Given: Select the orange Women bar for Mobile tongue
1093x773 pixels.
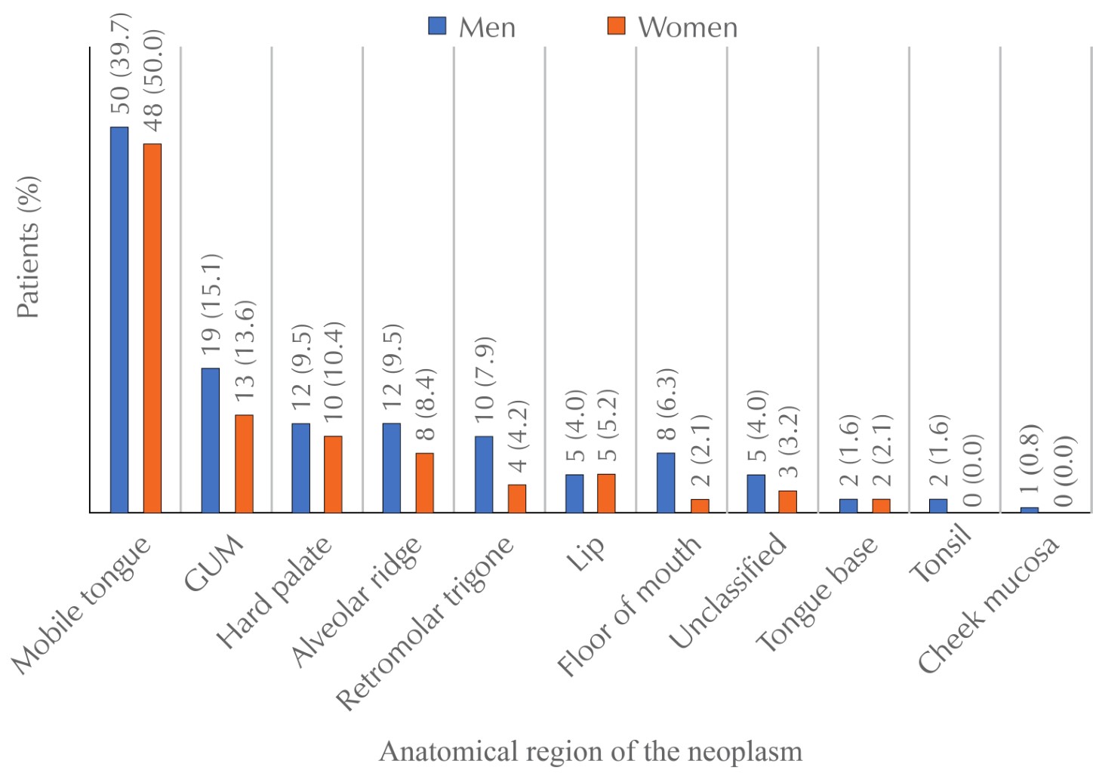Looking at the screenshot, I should click(152, 328).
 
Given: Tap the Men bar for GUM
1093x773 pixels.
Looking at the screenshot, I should click(211, 440).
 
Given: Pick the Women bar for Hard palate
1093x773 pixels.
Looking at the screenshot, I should click(333, 474).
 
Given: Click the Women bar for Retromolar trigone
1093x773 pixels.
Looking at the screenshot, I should click(517, 498).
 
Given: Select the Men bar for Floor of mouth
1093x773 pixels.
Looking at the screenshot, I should click(666, 482).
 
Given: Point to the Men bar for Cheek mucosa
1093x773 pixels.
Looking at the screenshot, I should click(1030, 510).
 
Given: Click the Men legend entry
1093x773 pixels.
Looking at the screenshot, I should click(473, 27).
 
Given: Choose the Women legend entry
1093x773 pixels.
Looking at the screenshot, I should click(673, 27).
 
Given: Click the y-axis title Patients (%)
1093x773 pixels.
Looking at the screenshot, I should click(28, 248).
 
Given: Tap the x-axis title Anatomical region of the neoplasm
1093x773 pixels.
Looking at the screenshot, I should click(590, 751).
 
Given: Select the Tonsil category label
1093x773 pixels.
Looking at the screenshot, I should click(940, 559).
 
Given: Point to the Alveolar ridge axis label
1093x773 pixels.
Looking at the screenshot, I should click(357, 601).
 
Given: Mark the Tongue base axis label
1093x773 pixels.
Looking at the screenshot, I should click(817, 595).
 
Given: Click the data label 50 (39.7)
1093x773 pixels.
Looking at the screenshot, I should click(120, 63).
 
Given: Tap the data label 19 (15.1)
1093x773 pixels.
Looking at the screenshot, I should click(211, 304).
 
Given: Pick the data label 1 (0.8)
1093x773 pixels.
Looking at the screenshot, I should click(1030, 460).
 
